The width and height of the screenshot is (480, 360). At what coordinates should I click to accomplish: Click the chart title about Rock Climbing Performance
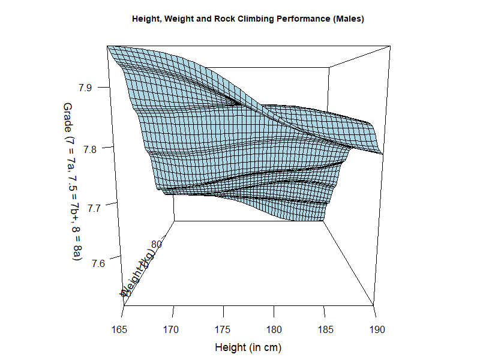248,19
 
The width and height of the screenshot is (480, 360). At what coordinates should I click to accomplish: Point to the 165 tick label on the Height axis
122,329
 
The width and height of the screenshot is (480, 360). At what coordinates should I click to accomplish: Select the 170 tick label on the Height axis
173,329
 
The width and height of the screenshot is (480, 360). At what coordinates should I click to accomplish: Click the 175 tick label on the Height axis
223,329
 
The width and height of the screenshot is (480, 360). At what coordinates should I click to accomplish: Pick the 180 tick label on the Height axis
274,329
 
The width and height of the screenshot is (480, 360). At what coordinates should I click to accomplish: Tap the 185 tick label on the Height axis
325,329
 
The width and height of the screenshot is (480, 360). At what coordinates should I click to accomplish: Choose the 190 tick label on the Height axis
375,329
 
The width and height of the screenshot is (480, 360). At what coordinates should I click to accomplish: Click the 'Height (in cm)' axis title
248,347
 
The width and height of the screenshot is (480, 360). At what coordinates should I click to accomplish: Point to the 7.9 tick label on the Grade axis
86,88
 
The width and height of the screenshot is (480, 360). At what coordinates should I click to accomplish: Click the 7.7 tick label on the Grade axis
86,208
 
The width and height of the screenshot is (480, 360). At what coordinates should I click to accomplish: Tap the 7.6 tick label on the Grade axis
86,263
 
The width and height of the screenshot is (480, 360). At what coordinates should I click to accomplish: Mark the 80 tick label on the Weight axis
157,244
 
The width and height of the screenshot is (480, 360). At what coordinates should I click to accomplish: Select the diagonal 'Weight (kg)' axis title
139,273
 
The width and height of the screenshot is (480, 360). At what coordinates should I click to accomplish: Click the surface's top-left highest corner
109,47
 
